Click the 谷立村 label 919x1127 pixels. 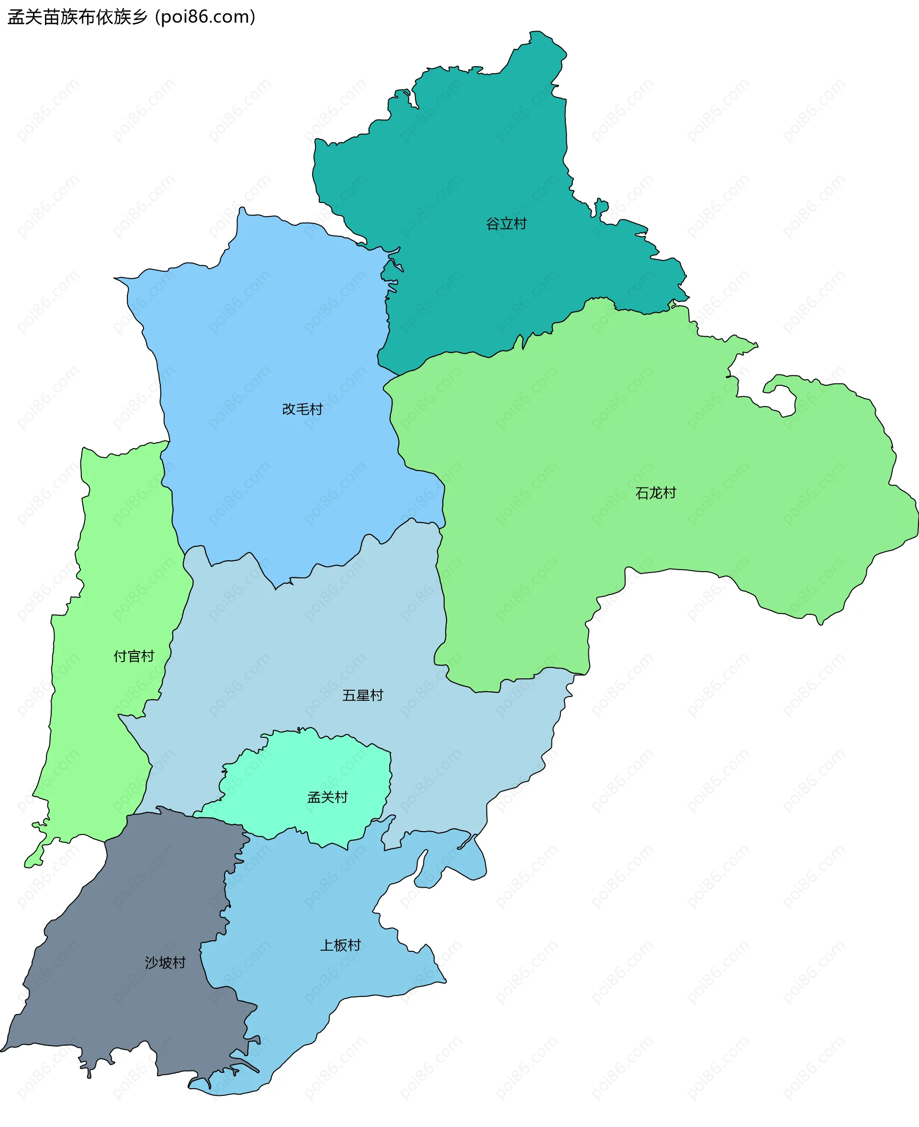[506, 224]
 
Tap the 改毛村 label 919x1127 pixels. [303, 409]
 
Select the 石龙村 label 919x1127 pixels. [655, 493]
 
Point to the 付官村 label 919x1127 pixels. [134, 656]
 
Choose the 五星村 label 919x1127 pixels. [363, 695]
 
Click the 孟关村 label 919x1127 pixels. [328, 797]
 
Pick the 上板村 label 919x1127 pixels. [340, 946]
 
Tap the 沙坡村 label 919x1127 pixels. [165, 962]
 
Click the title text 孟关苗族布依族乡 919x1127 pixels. [77, 17]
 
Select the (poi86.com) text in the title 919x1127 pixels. [205, 17]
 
